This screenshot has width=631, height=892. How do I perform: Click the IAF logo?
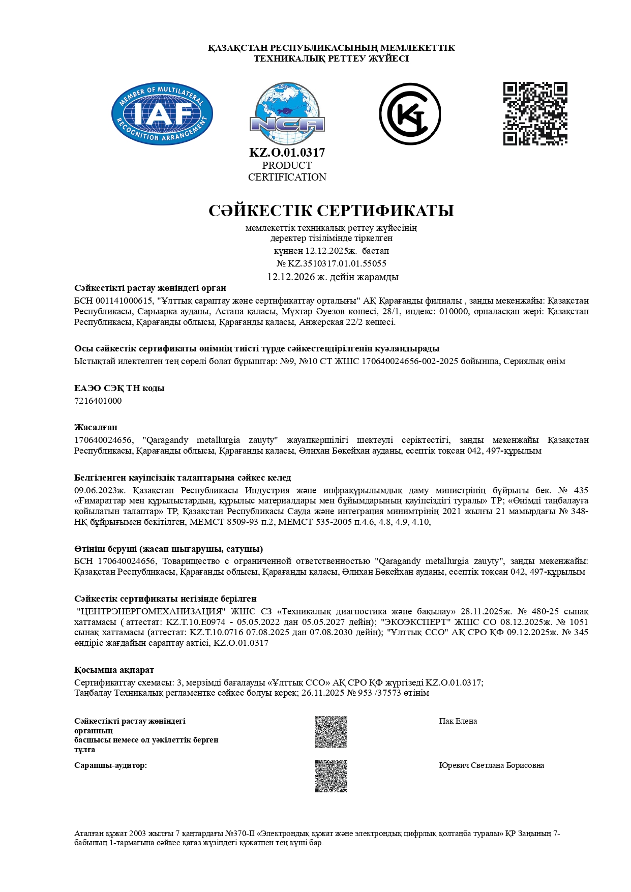point(162,113)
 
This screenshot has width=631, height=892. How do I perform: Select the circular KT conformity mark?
point(410,114)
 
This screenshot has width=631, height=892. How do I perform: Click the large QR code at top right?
point(535,113)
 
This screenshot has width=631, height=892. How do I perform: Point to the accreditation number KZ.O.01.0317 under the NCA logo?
point(287,153)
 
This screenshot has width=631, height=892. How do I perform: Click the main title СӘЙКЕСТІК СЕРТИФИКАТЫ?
point(331,211)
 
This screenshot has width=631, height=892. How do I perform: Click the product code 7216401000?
point(98,401)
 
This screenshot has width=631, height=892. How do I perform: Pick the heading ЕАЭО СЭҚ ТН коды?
point(119,388)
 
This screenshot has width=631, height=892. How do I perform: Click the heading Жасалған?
point(96,427)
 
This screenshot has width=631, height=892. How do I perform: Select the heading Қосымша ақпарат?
point(114,670)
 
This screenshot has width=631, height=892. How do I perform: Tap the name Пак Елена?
point(458,721)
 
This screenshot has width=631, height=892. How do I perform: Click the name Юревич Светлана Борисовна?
point(491,765)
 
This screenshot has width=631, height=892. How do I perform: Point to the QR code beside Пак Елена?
point(331,732)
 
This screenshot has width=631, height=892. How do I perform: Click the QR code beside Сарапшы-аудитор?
point(331,776)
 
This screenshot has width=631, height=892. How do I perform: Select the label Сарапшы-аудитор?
point(110,765)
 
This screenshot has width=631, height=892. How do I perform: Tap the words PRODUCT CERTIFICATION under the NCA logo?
point(287,171)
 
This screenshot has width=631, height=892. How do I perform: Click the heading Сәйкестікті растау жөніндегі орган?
point(150,288)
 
